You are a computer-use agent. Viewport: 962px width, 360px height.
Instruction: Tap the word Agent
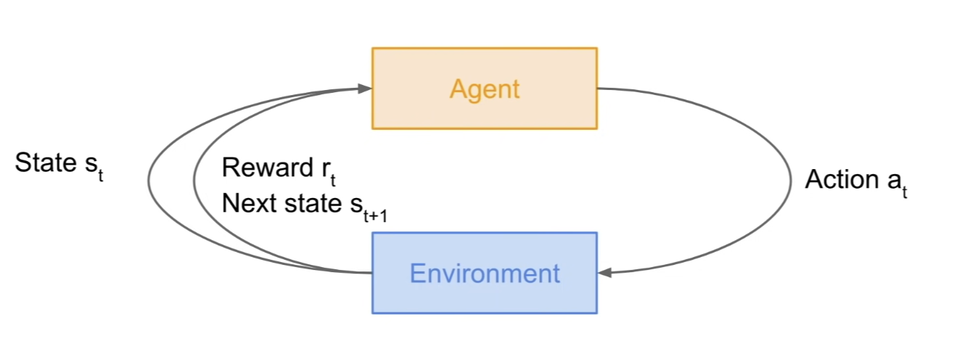tap(485, 89)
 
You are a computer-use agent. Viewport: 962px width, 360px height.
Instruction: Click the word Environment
tap(485, 274)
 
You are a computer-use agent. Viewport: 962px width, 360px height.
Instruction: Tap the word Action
tap(841, 179)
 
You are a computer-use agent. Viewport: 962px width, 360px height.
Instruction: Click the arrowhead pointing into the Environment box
tap(604, 273)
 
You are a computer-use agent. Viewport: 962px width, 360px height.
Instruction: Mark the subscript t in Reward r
tap(333, 181)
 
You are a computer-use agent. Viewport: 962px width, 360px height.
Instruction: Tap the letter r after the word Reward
tap(326, 169)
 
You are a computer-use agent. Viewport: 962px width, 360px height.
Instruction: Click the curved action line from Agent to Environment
tap(789, 181)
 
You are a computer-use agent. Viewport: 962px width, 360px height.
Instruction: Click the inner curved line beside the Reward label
tap(194, 181)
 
